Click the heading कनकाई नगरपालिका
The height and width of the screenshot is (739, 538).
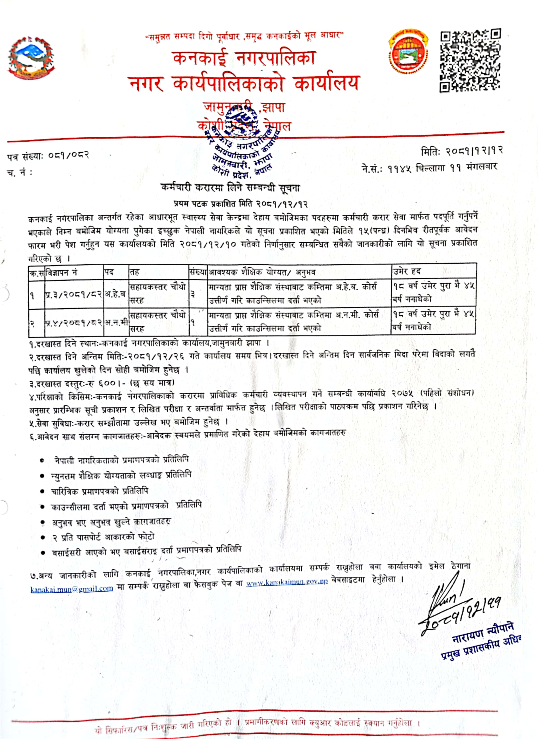point(244,58)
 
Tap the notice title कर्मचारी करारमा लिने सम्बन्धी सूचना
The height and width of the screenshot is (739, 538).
point(230,188)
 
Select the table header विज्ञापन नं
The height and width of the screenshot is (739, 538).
point(62,272)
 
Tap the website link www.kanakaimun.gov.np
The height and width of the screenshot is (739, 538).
point(287,583)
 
